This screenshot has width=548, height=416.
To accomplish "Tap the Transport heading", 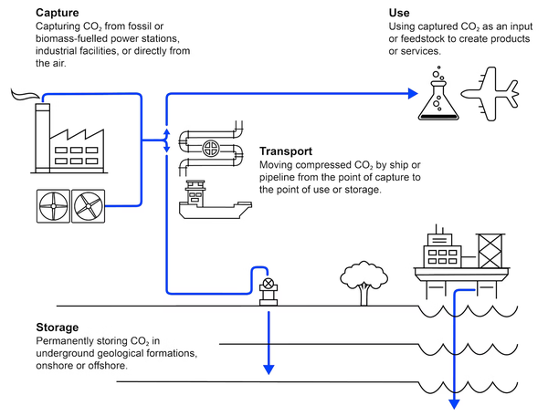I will point(287,151).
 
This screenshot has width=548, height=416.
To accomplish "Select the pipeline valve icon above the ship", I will point(211,145).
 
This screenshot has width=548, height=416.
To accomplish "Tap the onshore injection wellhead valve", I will point(268,284).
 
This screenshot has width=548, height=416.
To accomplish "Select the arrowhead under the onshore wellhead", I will point(269,369).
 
